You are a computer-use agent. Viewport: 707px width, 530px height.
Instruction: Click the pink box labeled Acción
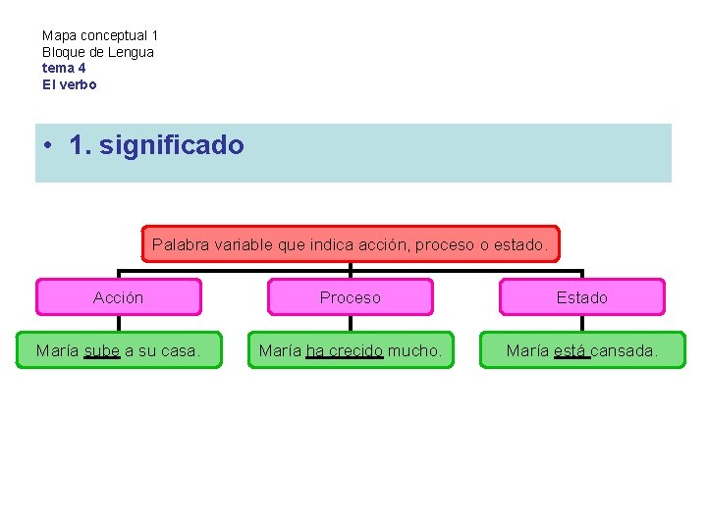pos(118,297)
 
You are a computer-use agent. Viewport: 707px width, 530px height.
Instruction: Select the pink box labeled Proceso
pos(350,297)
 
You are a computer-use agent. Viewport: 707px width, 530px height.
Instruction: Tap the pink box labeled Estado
pos(582,297)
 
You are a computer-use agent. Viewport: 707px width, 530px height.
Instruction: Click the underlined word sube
pos(102,350)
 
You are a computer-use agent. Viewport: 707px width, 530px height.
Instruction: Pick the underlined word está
pos(571,350)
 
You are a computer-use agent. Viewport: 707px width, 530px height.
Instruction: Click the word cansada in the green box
pos(625,350)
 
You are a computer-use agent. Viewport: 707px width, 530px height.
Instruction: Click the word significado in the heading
pos(171,146)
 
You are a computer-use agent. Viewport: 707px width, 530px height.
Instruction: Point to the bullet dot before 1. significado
pos(48,146)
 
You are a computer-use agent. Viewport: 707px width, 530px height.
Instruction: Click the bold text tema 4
pos(64,68)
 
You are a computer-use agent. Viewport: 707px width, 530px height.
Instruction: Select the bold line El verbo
pos(70,84)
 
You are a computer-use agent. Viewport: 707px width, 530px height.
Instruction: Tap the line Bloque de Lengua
pos(98,51)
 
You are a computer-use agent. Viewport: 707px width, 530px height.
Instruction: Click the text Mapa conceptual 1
pos(100,35)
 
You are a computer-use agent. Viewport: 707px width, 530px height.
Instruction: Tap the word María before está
pos(527,350)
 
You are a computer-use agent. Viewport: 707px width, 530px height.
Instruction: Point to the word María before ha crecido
pos(281,350)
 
